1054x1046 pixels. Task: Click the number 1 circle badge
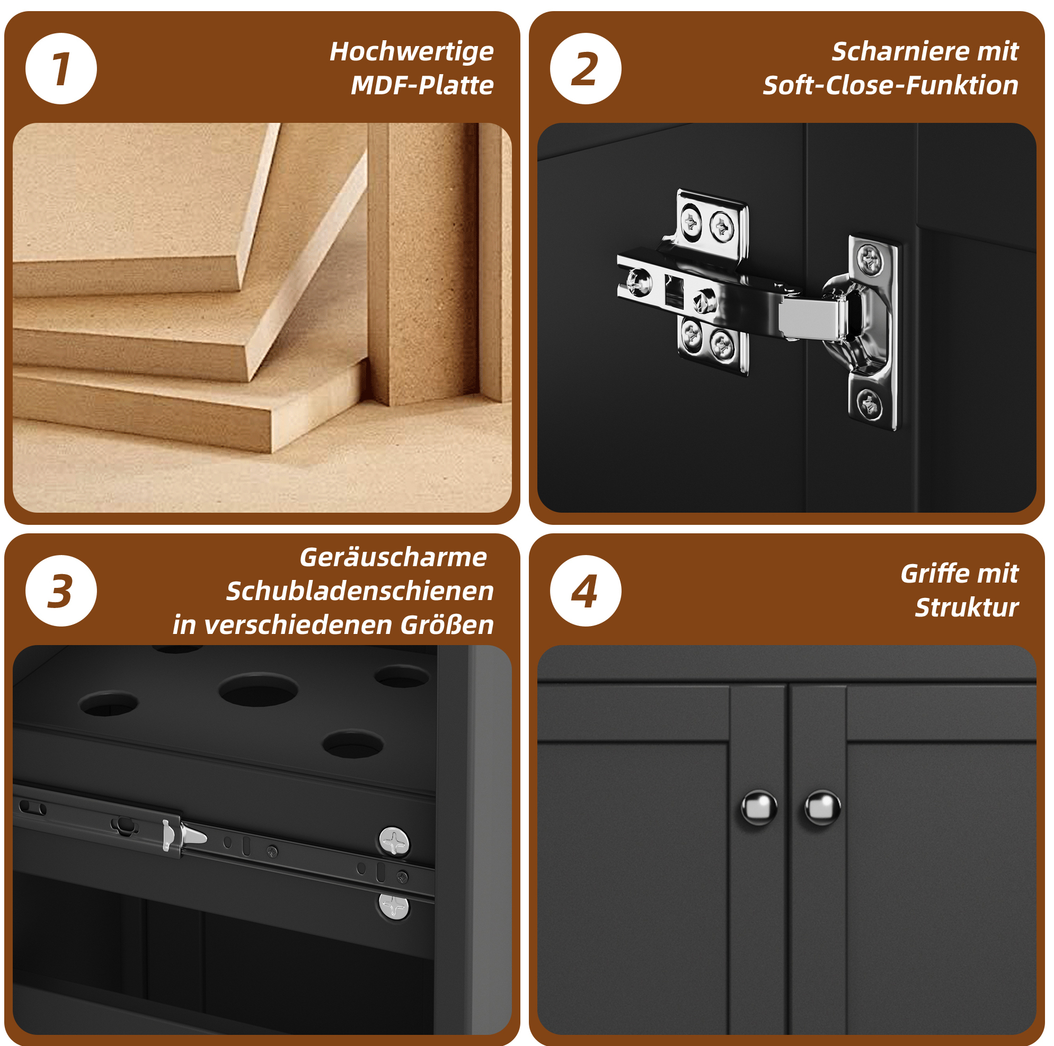click(x=61, y=69)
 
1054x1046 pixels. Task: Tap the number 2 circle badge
click(x=586, y=69)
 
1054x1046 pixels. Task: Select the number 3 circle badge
click(x=61, y=591)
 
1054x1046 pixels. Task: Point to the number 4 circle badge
click(x=586, y=591)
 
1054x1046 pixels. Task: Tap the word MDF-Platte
click(x=422, y=85)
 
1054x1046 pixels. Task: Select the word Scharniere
click(x=900, y=52)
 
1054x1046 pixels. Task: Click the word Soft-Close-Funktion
click(x=890, y=86)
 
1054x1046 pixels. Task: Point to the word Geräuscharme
click(x=393, y=557)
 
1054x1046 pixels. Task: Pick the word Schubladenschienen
click(x=359, y=591)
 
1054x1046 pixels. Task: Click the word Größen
click(x=447, y=625)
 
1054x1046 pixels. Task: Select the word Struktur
click(x=967, y=607)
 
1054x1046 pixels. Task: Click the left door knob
click(x=759, y=808)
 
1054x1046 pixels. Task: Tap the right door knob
click(x=822, y=808)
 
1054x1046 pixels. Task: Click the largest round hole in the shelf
click(x=258, y=690)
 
